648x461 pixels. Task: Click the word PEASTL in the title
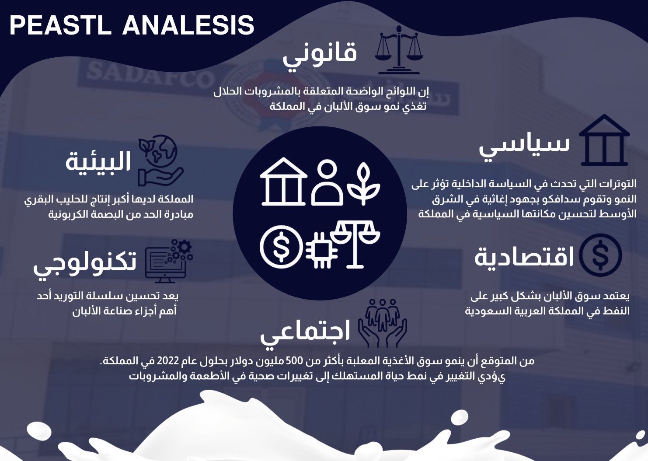tap(60, 25)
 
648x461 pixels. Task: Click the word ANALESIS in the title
tap(188, 25)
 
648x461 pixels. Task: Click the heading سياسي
tap(524, 147)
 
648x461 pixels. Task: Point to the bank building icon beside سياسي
tap(604, 140)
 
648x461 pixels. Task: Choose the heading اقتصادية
tap(524, 256)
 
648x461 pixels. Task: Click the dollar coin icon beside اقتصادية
tap(600, 255)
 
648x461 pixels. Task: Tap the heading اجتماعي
tap(305, 332)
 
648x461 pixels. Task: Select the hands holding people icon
tap(383, 323)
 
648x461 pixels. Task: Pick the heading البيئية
tap(98, 161)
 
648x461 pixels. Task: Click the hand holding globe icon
tap(160, 161)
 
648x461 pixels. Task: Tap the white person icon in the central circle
tap(327, 182)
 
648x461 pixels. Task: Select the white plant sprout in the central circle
tap(364, 184)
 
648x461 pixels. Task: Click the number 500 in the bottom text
tap(295, 361)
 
